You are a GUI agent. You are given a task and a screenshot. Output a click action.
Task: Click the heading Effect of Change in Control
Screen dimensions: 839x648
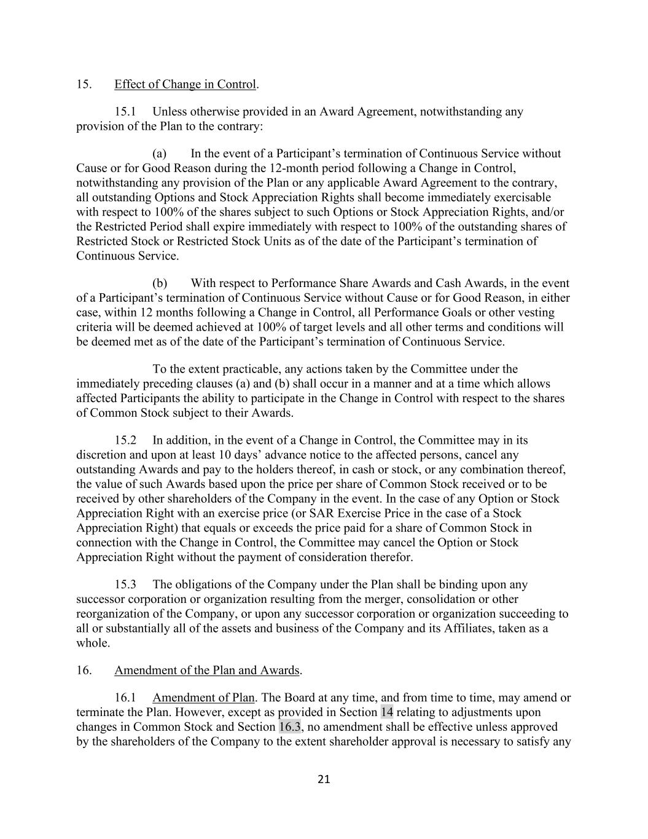[185, 84]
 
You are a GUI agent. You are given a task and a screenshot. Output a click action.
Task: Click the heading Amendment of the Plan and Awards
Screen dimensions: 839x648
[207, 670]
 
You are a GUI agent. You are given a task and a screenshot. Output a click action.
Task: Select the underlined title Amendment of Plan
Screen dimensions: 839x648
[203, 698]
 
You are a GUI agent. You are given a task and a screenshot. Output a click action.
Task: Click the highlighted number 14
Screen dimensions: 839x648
[387, 712]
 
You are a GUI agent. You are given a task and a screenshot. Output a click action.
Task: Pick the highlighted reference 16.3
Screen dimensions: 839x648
[291, 727]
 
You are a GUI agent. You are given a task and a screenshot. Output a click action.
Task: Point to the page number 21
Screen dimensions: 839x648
[324, 780]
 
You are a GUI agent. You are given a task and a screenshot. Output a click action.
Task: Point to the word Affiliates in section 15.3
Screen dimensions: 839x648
[469, 628]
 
